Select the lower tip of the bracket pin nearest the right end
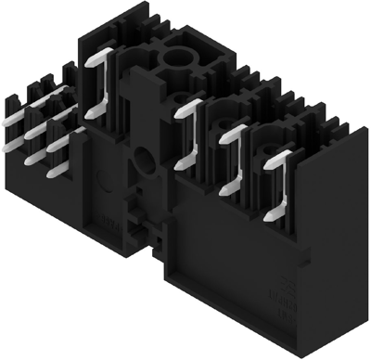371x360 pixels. [x=268, y=216]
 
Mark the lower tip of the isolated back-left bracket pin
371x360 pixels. [x=89, y=115]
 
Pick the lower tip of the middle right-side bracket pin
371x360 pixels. [x=223, y=192]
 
